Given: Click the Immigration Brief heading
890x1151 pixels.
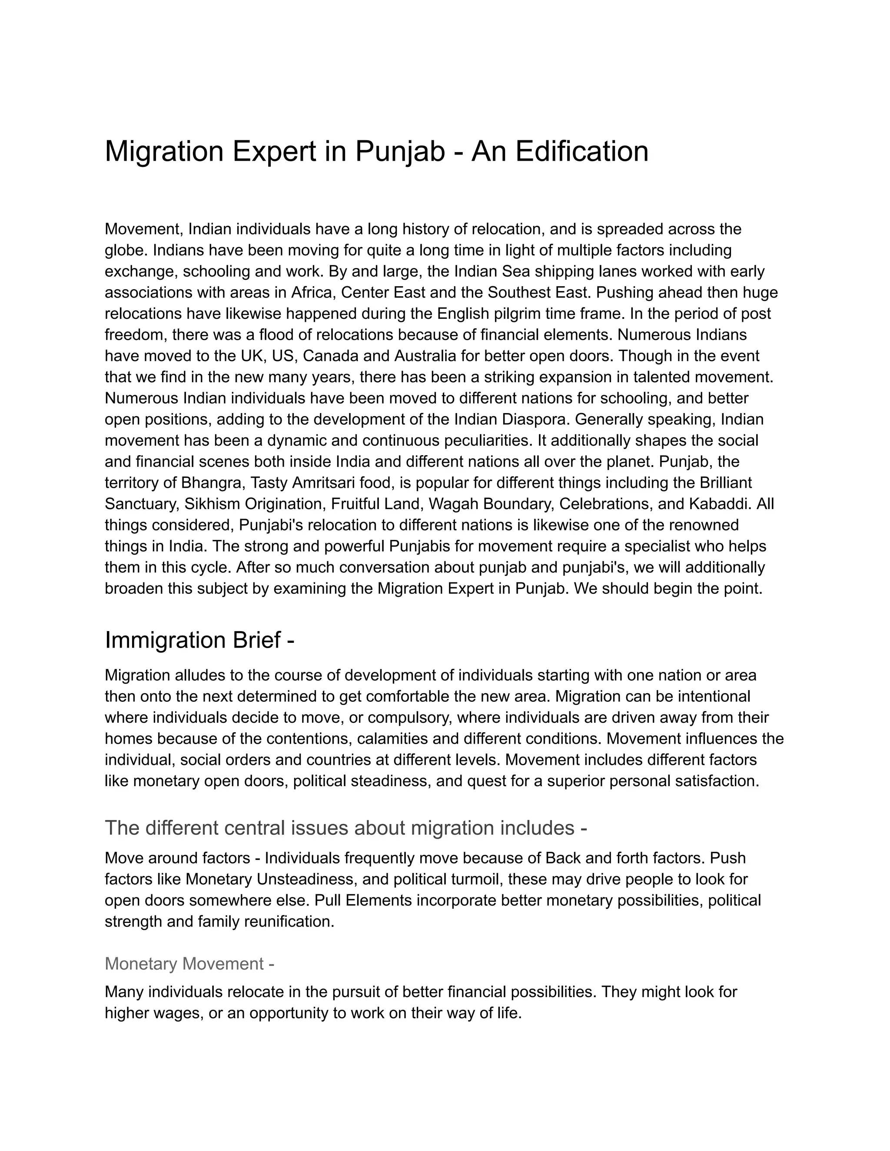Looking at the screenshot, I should tap(199, 640).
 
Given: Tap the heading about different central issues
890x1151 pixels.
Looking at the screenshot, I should tap(346, 828).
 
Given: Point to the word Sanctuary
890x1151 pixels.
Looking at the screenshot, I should tap(142, 504).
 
